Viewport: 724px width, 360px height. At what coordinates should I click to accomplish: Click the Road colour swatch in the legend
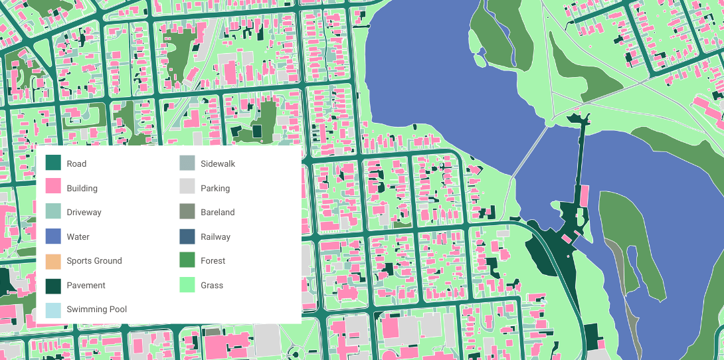tap(53, 163)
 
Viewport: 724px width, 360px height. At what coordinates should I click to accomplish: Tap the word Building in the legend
tap(82, 188)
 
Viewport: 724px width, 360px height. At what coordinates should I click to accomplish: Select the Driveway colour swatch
tap(53, 212)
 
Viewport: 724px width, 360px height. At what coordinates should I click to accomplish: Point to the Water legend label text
tap(78, 236)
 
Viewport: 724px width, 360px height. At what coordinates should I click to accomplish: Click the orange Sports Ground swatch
tap(53, 260)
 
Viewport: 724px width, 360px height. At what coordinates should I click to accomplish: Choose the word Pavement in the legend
tap(86, 285)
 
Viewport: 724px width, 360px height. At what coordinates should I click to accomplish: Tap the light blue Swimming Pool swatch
tap(53, 309)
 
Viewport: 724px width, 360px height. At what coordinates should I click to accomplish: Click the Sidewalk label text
tap(218, 163)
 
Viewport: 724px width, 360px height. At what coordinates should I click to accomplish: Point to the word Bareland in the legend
tap(217, 212)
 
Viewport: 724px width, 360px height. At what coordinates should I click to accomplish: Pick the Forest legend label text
tap(213, 260)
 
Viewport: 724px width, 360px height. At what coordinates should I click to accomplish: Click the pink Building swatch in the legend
tap(53, 188)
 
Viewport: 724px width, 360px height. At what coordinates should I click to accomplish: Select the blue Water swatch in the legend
tap(53, 236)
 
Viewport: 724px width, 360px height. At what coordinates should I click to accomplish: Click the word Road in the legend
tap(76, 163)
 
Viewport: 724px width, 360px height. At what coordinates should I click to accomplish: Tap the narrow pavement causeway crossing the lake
tap(581, 159)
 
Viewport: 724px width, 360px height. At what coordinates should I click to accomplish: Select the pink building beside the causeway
tap(584, 195)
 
